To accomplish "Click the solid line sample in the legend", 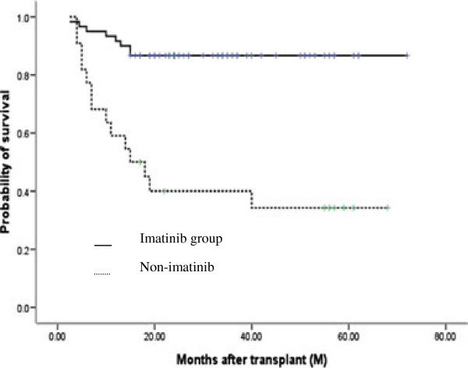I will [103, 245].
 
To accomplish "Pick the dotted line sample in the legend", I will [103, 273].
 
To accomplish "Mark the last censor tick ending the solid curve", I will [406, 55].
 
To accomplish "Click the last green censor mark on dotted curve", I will [387, 208].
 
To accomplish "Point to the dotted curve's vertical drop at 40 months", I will [251, 200].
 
